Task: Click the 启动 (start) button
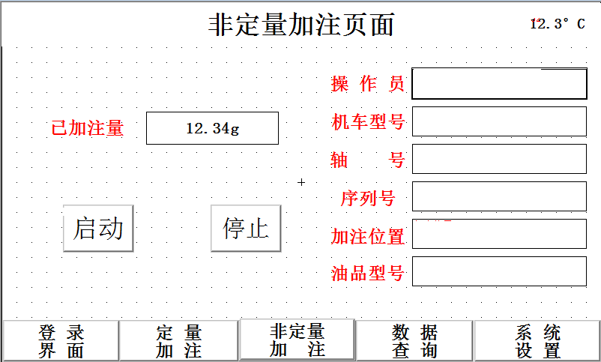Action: click(98, 228)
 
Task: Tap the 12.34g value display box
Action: click(212, 128)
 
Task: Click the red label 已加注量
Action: click(88, 128)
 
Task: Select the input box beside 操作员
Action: click(499, 84)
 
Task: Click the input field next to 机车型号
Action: click(499, 121)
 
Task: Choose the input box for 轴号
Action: click(499, 159)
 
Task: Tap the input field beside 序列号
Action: click(499, 196)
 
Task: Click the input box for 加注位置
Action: click(499, 234)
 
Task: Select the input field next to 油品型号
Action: click(499, 271)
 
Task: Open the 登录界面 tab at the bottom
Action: click(61, 341)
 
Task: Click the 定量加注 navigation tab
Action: click(178, 341)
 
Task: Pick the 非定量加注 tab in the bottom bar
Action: click(297, 340)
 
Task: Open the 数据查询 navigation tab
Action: click(414, 341)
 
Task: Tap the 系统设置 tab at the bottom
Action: click(537, 341)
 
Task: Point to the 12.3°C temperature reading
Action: click(558, 24)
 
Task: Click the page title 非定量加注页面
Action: click(301, 25)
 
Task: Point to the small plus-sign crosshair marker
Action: click(301, 182)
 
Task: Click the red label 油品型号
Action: click(368, 273)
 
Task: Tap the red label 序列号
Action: click(368, 199)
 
